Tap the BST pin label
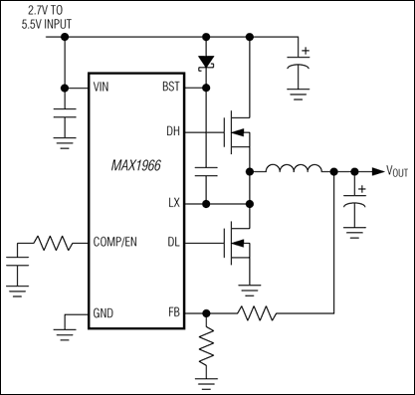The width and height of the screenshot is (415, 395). pyautogui.click(x=171, y=87)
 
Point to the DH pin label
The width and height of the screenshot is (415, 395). pyautogui.click(x=173, y=129)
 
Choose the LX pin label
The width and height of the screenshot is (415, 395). pyautogui.click(x=174, y=203)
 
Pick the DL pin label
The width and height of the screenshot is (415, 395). pyautogui.click(x=173, y=242)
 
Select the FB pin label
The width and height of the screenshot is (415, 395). pyautogui.click(x=174, y=312)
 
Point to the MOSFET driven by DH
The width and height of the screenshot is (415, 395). pyautogui.click(x=238, y=129)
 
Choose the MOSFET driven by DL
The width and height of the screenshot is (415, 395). pyautogui.click(x=238, y=242)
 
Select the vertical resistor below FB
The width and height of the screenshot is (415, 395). pyautogui.click(x=206, y=349)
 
